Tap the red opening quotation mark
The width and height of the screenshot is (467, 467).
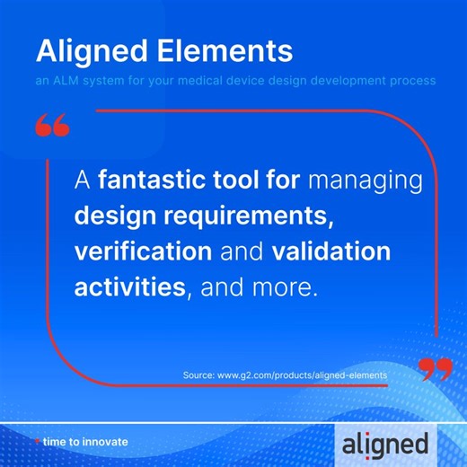point(53,125)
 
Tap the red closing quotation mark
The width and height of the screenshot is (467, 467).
point(435,367)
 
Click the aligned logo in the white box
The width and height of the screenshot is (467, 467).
point(386,442)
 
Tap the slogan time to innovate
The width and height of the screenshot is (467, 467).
point(85,442)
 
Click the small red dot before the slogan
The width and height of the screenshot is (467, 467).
point(37,442)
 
